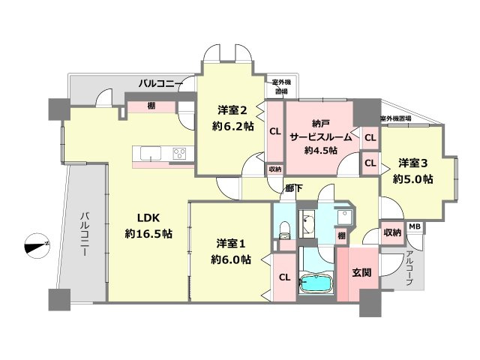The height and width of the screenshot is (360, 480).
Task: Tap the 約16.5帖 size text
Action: [148, 234]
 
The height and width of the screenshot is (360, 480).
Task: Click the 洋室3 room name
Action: [413, 163]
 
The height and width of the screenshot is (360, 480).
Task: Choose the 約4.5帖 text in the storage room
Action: [321, 150]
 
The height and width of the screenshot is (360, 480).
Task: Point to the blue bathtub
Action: [316, 286]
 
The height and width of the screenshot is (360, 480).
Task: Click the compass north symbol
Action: [36, 244]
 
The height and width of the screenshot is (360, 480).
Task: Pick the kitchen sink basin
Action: [150, 155]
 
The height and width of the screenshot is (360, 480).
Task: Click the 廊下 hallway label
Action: [293, 189]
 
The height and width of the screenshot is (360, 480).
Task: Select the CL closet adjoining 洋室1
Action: [284, 277]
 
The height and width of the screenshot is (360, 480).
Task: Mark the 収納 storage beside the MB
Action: [391, 232]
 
